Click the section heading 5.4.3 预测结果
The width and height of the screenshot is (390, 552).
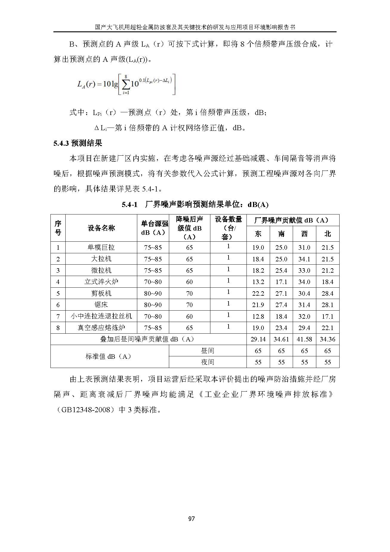click(x=78, y=143)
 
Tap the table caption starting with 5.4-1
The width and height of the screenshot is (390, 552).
click(x=195, y=205)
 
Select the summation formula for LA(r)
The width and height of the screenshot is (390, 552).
click(x=126, y=85)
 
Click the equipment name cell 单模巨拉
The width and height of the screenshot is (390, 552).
click(x=101, y=247)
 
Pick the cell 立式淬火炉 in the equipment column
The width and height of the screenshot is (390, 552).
click(x=101, y=282)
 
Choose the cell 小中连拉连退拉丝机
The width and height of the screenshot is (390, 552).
click(x=101, y=316)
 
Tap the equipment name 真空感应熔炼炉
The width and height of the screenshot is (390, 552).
click(x=101, y=328)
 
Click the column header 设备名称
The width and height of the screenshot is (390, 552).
click(x=101, y=228)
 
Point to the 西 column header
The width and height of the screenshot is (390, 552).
click(x=304, y=234)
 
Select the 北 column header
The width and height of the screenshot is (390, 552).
click(x=328, y=234)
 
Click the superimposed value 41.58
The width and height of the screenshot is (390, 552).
click(x=304, y=339)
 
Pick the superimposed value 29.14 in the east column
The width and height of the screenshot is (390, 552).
click(x=258, y=339)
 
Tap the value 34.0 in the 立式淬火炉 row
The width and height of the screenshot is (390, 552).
click(x=304, y=282)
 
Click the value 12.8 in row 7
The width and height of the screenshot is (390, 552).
click(x=258, y=316)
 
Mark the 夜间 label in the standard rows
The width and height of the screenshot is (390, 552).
click(x=207, y=362)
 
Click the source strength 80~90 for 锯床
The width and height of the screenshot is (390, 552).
click(x=153, y=305)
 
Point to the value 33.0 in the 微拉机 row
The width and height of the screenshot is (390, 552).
click(x=304, y=270)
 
